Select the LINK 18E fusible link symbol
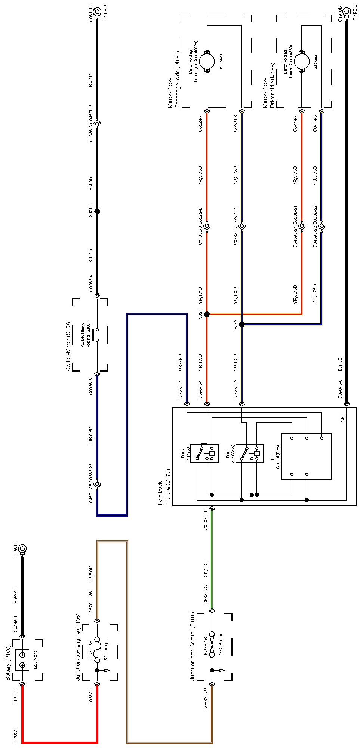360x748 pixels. coord(97,650)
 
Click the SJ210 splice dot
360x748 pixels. coord(97,211)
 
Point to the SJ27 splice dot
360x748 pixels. coord(207,314)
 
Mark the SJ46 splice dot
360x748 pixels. coord(242,324)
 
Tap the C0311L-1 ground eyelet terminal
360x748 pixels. coord(97,12)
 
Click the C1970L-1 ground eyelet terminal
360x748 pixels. coord(347,12)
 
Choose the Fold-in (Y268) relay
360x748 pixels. coord(204,453)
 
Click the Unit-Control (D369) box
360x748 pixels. coord(306,456)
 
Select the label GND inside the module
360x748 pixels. coord(342,417)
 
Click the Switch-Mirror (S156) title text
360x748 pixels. coord(68,345)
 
